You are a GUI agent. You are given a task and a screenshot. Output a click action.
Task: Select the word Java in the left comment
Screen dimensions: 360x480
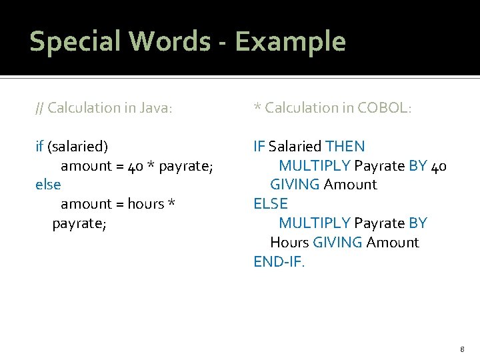point(153,107)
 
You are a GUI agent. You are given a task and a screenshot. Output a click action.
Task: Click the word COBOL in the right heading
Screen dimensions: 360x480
point(381,107)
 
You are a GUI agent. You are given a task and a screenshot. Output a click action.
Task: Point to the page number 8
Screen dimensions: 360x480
point(461,349)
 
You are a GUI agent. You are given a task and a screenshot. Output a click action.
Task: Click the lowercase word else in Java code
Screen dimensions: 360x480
point(48,184)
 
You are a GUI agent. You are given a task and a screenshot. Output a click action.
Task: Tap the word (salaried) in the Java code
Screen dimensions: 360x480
point(77,146)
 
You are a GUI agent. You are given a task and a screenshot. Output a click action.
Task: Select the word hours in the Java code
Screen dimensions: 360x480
point(145,203)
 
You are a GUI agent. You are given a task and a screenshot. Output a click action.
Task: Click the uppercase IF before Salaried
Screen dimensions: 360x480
point(259,146)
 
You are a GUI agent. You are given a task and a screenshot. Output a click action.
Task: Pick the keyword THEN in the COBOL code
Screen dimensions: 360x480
point(345,146)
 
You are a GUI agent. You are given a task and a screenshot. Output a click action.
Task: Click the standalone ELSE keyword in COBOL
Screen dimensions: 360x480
point(271,203)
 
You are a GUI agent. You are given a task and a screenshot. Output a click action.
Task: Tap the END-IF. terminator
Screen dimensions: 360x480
point(279,261)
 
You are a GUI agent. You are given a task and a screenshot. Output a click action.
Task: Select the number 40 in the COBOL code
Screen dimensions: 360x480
point(439,165)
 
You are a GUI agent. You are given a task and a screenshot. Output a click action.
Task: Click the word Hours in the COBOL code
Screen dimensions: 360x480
point(289,242)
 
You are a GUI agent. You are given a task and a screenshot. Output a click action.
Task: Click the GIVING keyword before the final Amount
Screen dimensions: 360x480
point(337,242)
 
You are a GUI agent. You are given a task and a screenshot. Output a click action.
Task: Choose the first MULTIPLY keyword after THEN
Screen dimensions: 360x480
point(314,165)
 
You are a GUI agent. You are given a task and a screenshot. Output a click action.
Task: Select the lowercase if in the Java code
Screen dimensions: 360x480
point(39,146)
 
